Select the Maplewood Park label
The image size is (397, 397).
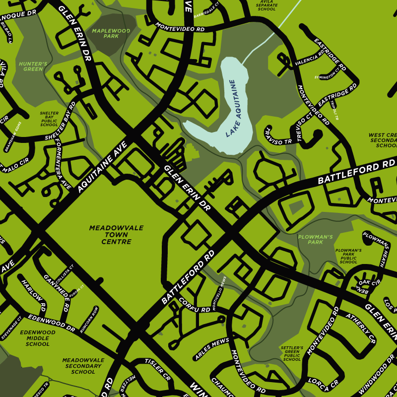111,33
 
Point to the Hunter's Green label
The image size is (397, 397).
33,66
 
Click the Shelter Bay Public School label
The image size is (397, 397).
49,119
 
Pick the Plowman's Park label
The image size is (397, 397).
315,240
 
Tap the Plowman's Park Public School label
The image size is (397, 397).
348,256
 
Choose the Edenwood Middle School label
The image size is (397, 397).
38,338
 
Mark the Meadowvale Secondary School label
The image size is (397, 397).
83,366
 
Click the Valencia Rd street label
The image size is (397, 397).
310,58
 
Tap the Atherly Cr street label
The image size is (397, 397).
361,328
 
